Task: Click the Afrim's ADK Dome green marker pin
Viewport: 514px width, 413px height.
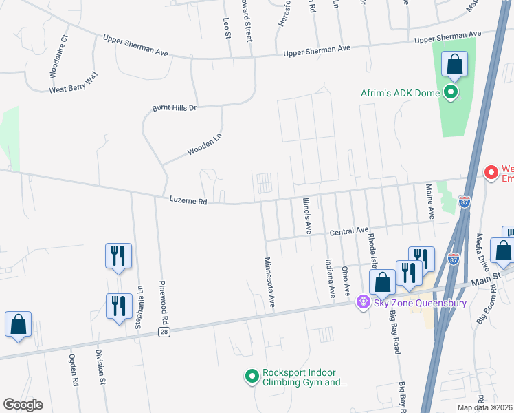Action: (x=451, y=92)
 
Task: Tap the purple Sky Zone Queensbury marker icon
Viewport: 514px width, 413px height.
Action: (x=364, y=302)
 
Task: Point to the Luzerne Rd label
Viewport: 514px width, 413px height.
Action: (x=188, y=201)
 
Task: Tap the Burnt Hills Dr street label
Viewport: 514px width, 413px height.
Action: (x=174, y=108)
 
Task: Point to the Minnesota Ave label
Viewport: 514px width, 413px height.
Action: (x=270, y=282)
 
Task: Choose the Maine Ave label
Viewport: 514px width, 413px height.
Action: (x=429, y=201)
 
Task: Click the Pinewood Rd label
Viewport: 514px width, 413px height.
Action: (x=164, y=303)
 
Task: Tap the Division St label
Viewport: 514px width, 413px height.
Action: (x=100, y=367)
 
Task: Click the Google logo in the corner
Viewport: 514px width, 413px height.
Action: (x=23, y=405)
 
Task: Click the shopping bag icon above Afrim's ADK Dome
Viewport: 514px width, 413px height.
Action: (x=454, y=66)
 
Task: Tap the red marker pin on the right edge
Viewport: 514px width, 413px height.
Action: (x=491, y=172)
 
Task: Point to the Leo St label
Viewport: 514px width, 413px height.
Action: (x=226, y=28)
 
